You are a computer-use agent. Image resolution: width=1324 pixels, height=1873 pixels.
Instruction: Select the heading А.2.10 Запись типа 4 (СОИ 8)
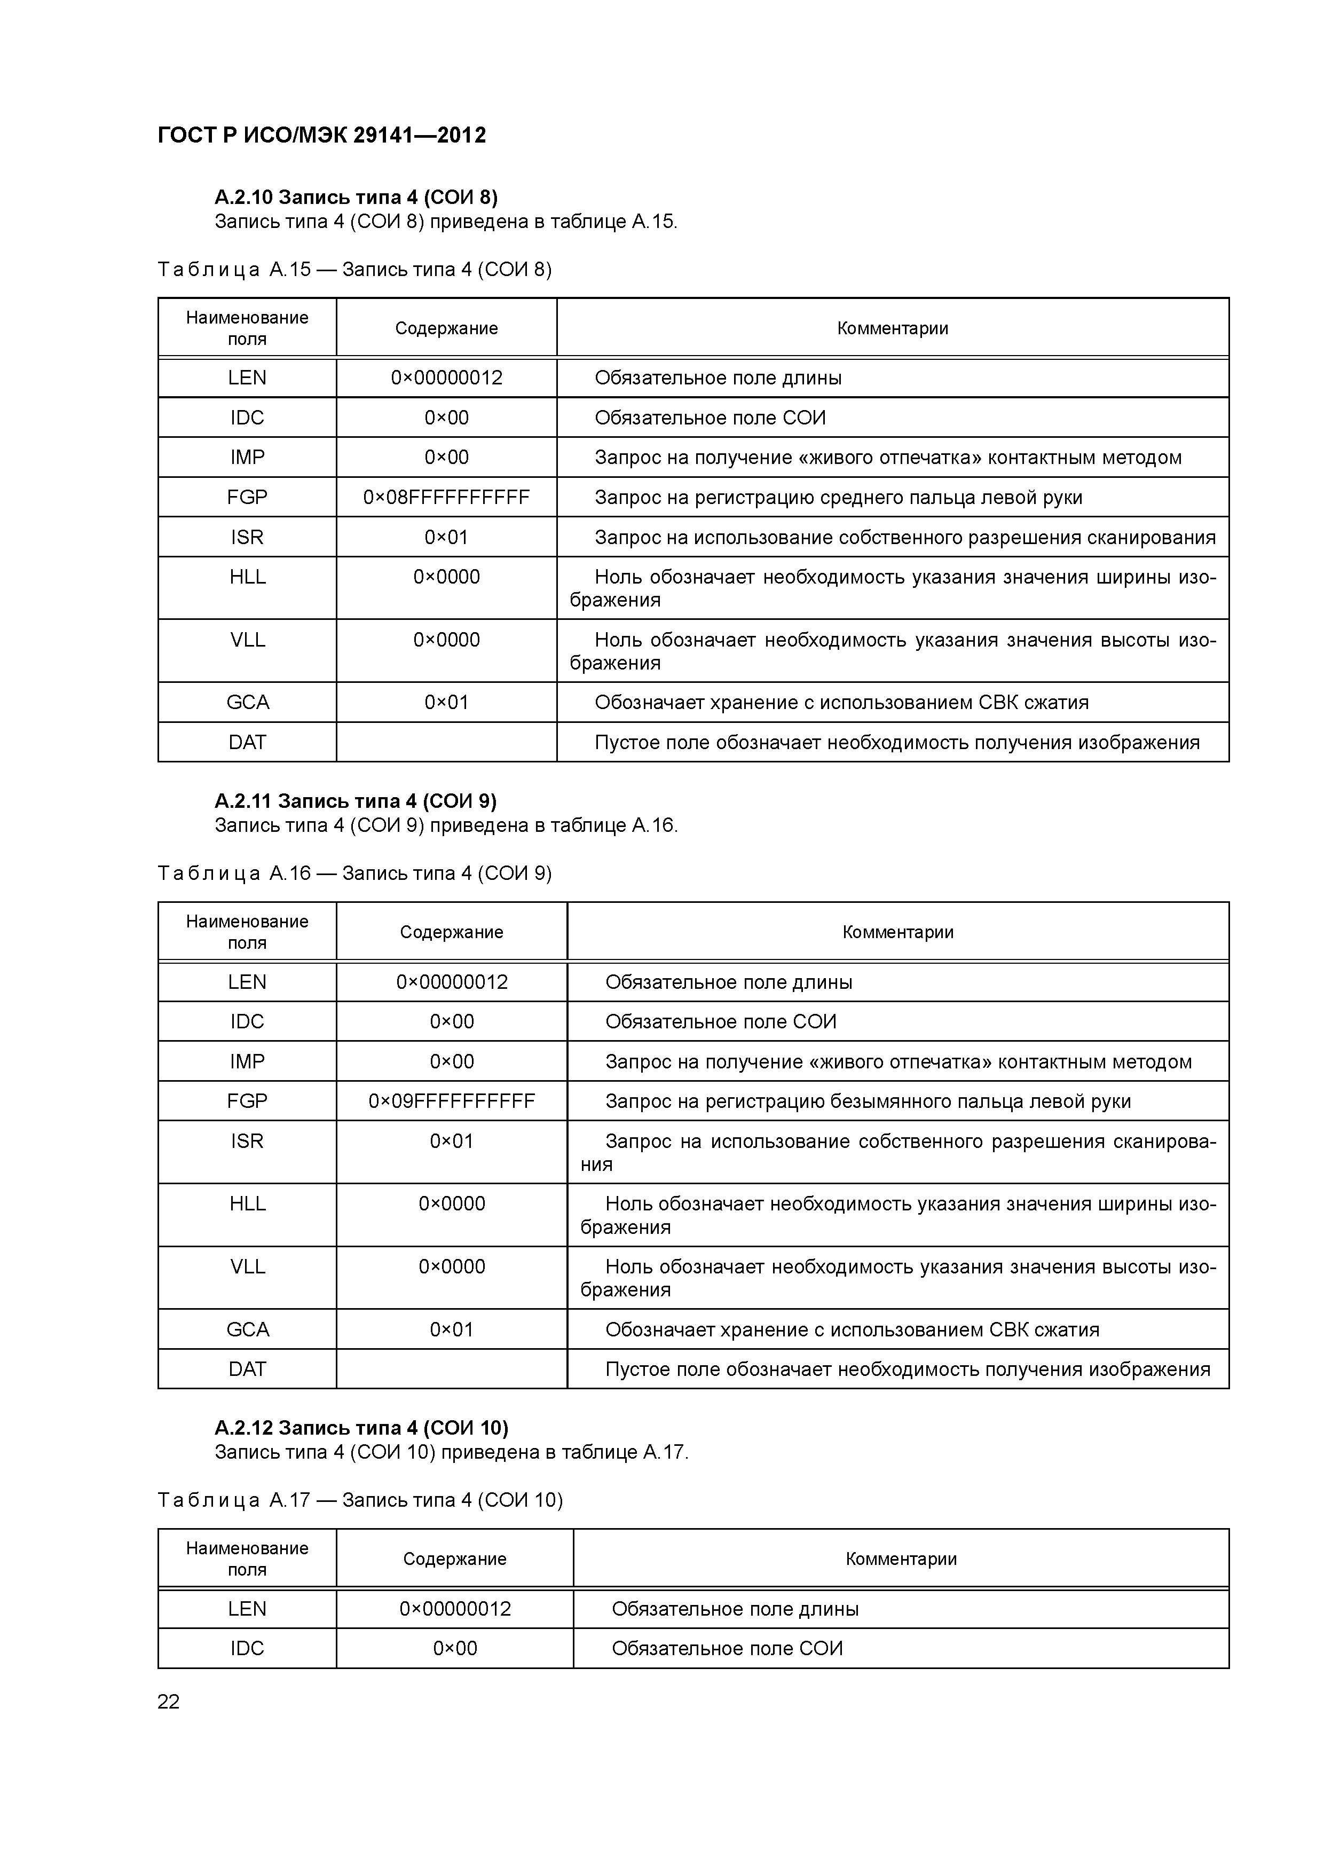click(356, 196)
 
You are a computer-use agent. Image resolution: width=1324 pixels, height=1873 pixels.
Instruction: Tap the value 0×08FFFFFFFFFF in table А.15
click(446, 497)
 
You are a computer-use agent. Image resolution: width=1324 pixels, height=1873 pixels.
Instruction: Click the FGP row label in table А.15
click(247, 497)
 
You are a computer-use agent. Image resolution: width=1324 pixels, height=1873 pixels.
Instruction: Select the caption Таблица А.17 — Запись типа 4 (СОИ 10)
click(360, 1499)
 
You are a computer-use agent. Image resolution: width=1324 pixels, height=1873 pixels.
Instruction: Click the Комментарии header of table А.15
click(893, 328)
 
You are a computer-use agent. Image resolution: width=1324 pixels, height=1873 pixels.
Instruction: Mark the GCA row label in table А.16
click(247, 1329)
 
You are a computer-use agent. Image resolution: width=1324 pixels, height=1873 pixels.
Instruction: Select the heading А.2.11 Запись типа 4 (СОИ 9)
click(356, 800)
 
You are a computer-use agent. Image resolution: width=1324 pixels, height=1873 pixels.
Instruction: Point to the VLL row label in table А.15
click(247, 640)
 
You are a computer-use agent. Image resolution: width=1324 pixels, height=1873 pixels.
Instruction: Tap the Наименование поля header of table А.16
click(247, 932)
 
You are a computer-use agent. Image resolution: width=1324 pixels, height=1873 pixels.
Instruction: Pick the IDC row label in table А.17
click(247, 1648)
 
